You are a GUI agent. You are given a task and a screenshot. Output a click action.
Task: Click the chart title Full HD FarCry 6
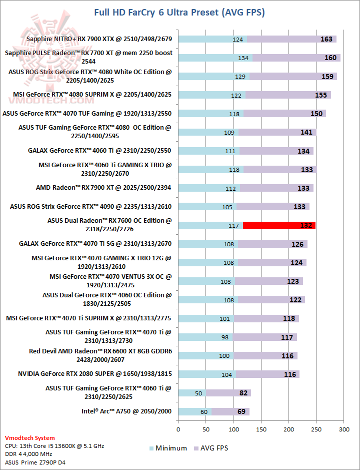tap(179, 12)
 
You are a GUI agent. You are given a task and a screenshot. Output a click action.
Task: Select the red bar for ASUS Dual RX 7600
tap(279, 226)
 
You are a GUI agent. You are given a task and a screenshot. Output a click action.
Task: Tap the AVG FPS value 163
tap(326, 39)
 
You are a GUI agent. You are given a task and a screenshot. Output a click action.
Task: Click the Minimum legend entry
tap(168, 448)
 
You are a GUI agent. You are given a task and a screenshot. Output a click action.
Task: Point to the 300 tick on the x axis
tap(343, 429)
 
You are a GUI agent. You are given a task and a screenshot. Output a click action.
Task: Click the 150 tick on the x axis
tap(261, 429)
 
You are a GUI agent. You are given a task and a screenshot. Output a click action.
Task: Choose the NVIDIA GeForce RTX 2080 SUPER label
tap(94, 374)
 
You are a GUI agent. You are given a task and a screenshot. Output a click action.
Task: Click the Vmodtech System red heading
tap(30, 438)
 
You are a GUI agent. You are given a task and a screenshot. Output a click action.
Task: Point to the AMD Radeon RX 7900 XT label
tap(103, 188)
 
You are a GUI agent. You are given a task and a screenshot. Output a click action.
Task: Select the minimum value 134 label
tap(243, 58)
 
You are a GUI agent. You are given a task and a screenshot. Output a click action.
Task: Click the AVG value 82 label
tap(243, 393)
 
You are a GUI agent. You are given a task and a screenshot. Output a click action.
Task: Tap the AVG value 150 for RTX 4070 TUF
tap(316, 114)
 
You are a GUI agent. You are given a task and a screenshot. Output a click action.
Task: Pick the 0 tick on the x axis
tap(178, 429)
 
